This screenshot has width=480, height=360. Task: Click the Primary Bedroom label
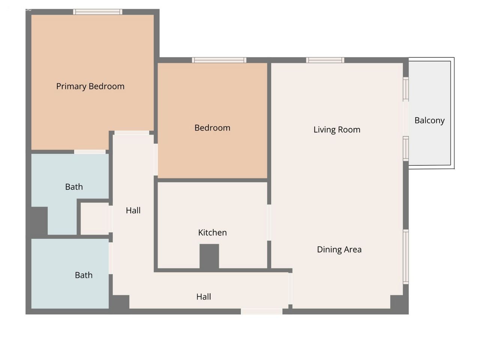[90, 87]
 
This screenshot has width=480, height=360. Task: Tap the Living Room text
[337, 130]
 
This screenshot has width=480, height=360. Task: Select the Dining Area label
[339, 249]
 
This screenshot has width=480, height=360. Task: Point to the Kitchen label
[212, 232]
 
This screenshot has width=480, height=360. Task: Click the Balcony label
[429, 121]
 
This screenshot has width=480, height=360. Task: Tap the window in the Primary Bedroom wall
[97, 12]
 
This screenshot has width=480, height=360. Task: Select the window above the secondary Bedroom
[219, 60]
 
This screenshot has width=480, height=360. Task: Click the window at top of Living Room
[325, 60]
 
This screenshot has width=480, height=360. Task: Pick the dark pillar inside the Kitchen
[209, 256]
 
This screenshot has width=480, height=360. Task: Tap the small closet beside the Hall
[95, 219]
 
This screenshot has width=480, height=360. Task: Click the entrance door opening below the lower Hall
[261, 312]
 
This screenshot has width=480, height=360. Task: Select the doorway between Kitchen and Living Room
[269, 222]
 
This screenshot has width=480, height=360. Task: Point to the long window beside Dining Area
[406, 257]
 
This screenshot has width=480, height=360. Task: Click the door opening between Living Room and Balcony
[406, 119]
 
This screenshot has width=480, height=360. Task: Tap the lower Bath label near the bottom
[84, 275]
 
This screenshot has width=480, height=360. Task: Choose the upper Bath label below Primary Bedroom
[74, 187]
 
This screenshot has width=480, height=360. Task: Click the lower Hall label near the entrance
[204, 297]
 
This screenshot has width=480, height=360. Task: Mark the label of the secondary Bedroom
[212, 128]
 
